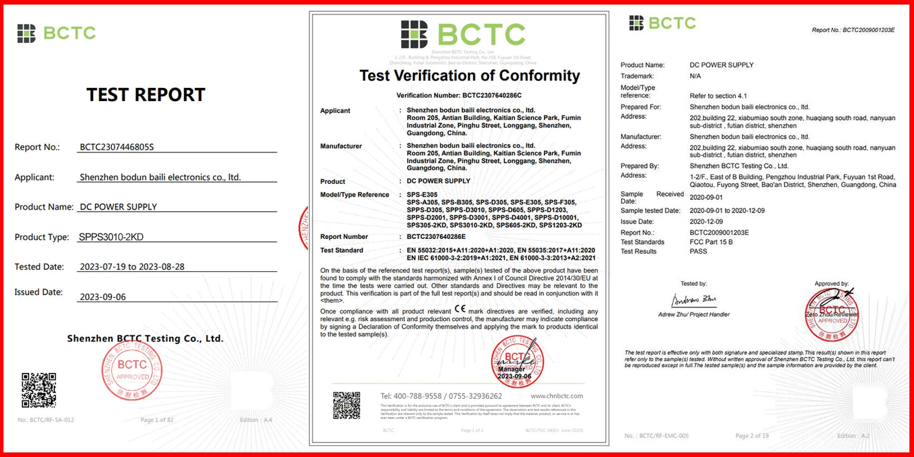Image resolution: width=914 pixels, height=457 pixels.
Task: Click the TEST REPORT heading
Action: point(145,95)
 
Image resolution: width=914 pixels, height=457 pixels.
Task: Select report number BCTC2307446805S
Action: point(117,147)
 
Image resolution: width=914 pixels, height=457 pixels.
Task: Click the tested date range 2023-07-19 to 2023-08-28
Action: point(132,267)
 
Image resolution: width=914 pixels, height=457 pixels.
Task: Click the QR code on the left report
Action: point(39,389)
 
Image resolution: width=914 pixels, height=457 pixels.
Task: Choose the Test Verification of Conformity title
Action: point(469,76)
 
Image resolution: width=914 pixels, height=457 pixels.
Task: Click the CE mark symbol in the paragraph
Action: point(460,310)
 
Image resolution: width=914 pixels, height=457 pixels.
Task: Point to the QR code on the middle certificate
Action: point(347,405)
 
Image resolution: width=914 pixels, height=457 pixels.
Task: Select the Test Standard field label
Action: point(342,250)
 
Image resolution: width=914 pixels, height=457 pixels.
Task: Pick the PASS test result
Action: point(698,252)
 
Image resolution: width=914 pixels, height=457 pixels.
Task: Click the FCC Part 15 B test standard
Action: point(711,242)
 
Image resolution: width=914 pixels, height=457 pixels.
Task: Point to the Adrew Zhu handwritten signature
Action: point(694,300)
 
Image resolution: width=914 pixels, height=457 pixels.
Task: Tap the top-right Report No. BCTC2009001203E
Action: point(853,30)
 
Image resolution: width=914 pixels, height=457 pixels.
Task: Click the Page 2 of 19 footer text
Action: point(752,436)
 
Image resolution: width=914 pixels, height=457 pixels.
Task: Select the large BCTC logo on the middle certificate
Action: point(463,34)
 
